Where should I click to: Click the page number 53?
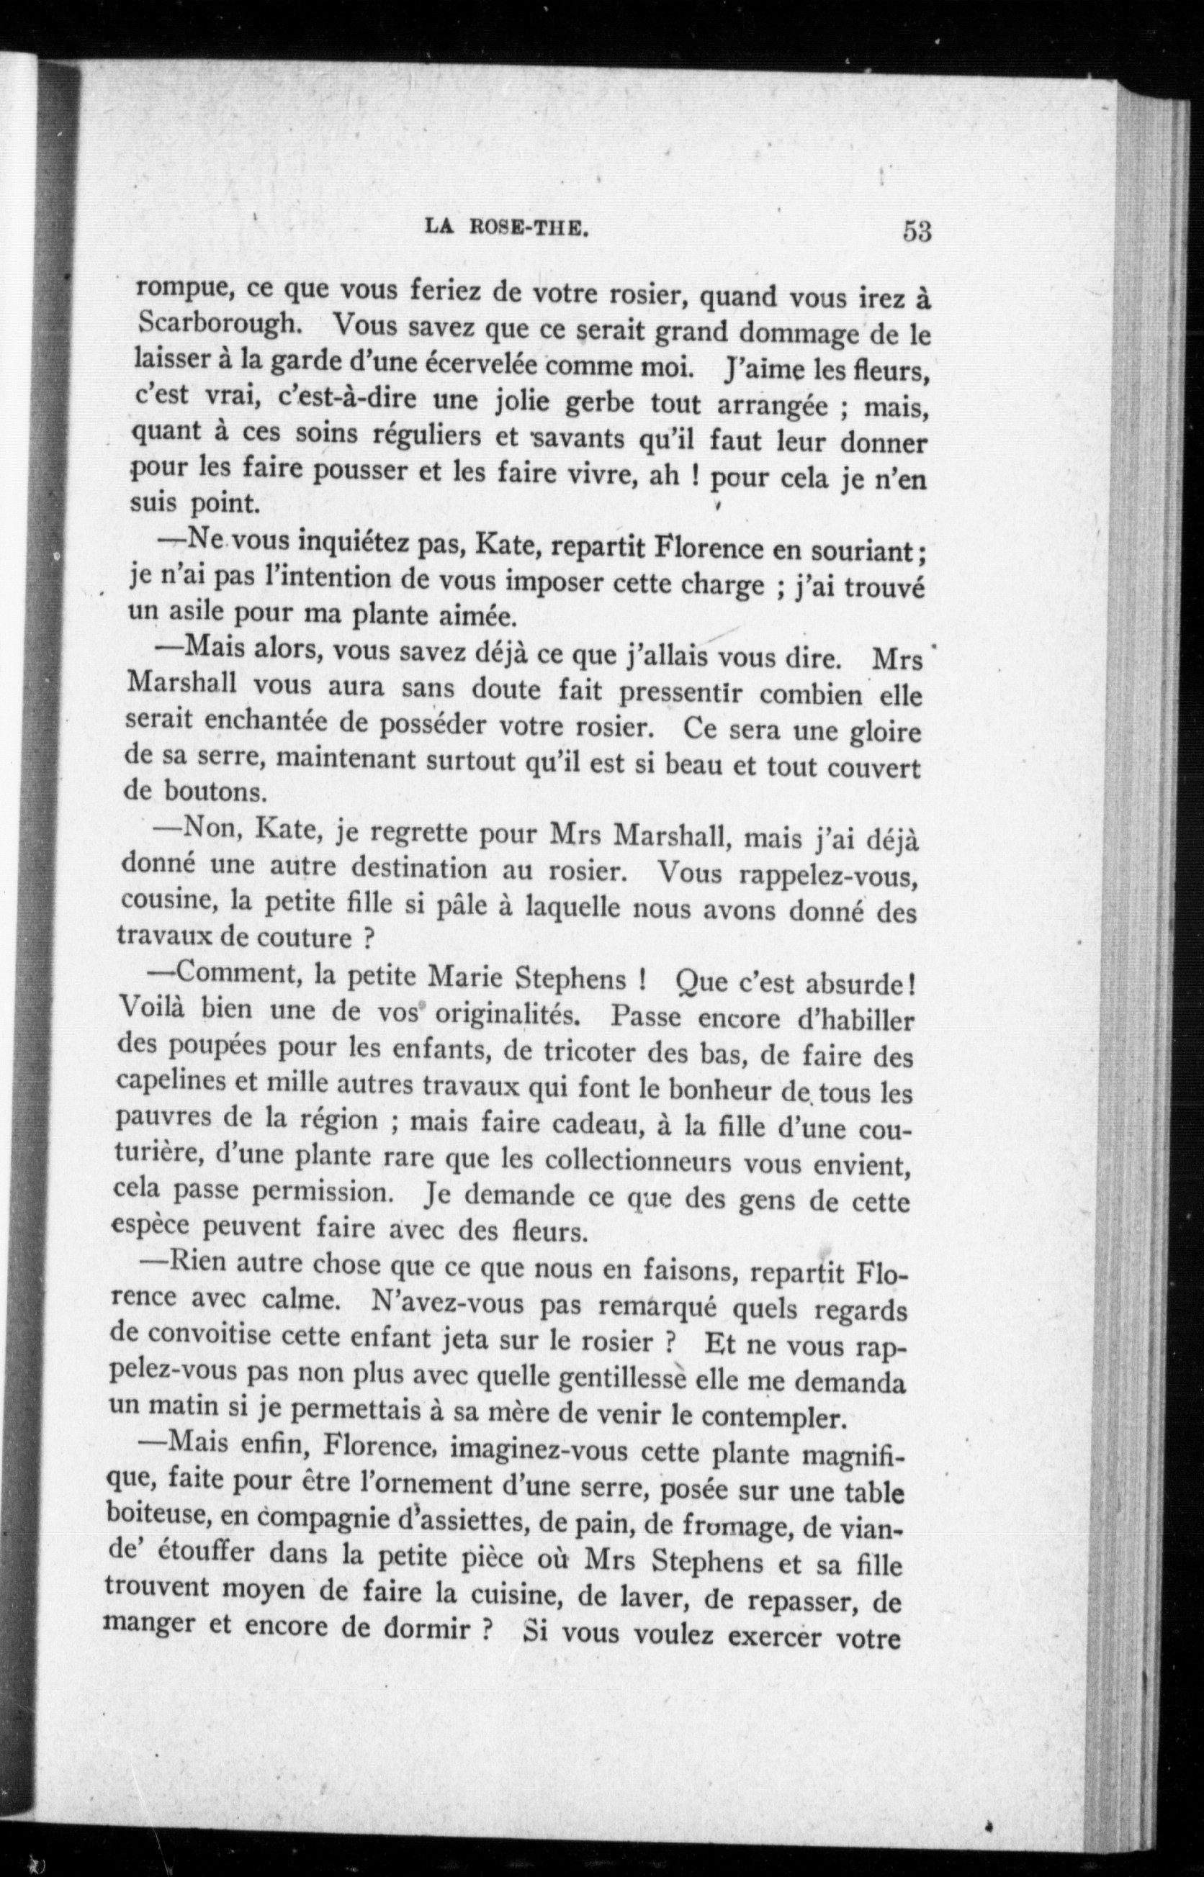pyautogui.click(x=917, y=232)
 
